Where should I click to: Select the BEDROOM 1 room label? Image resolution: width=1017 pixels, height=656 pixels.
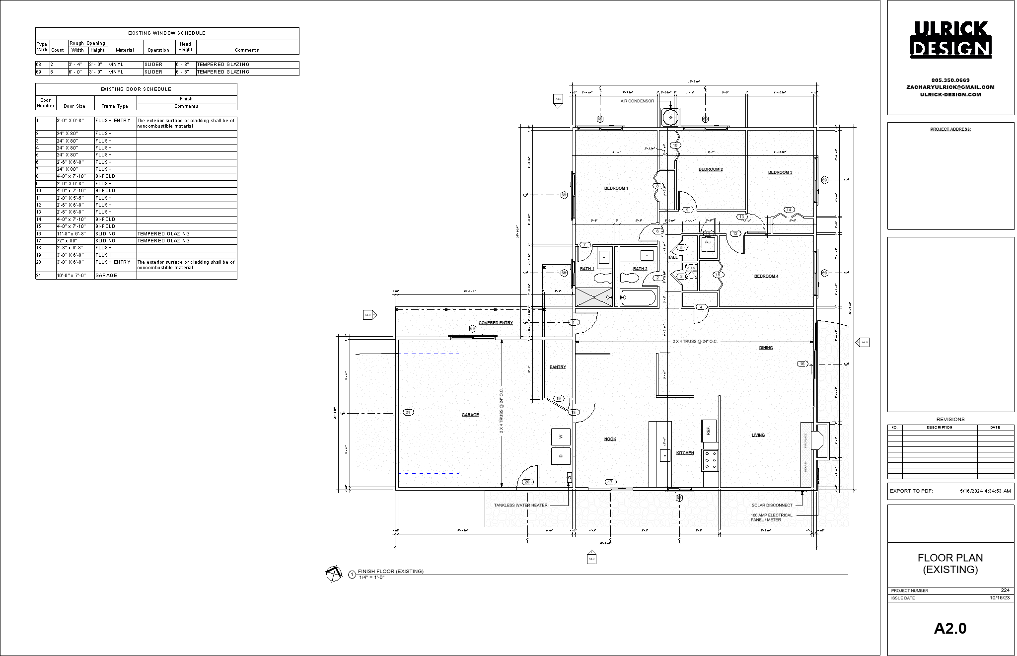coord(616,188)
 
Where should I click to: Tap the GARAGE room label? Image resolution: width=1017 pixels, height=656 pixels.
coord(470,415)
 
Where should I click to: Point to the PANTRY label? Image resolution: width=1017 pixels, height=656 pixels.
coord(557,367)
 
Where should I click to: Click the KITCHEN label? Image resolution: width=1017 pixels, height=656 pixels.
coord(685,453)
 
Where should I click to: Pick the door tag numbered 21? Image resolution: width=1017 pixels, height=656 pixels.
coord(408,412)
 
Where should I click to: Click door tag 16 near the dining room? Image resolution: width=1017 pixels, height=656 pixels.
coord(801,364)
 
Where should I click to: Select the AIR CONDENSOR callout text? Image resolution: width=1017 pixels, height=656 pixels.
coord(637,101)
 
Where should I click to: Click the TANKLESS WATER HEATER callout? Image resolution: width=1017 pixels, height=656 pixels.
coord(520,506)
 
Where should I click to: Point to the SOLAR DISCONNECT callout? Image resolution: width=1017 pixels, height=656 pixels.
coord(772,506)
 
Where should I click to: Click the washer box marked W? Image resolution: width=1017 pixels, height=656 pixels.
coord(561,437)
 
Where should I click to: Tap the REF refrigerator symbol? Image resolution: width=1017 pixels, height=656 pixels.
coord(708,431)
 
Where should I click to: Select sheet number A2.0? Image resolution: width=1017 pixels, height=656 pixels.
coord(950,629)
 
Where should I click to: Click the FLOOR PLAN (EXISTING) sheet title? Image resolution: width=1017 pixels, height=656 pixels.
coord(950,564)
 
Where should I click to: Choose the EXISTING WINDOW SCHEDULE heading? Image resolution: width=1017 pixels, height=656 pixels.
coord(167,33)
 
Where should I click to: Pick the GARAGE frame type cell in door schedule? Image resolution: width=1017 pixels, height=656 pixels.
coord(106,276)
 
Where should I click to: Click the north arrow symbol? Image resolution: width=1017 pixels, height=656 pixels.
coord(334,574)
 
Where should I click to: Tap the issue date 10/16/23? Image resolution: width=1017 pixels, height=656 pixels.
coord(999,598)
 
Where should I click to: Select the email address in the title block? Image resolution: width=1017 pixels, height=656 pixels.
coord(950,87)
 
